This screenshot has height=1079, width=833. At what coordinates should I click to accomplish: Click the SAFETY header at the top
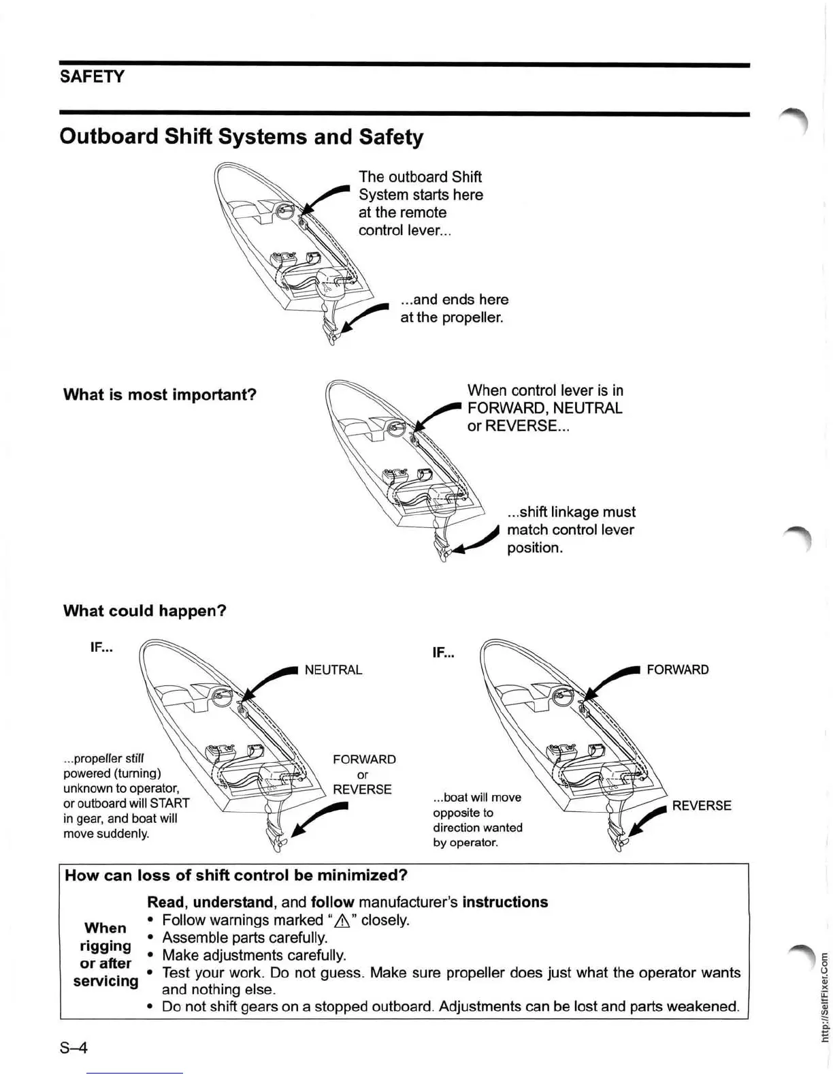[x=92, y=76]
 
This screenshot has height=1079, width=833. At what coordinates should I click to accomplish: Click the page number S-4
[x=74, y=1047]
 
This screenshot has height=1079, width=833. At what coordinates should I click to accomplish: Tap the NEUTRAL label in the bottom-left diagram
[x=333, y=670]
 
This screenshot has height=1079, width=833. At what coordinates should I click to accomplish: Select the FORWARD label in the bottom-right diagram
[x=677, y=670]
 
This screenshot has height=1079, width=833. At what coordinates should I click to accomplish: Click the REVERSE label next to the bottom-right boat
[x=702, y=806]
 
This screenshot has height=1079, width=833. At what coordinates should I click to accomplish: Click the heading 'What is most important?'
[x=160, y=395]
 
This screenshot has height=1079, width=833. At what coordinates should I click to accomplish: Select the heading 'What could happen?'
[x=144, y=611]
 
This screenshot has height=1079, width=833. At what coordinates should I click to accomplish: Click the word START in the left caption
[x=169, y=804]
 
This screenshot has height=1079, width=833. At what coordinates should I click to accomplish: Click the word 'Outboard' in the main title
[x=109, y=137]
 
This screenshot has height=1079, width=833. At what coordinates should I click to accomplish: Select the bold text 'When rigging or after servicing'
[x=105, y=954]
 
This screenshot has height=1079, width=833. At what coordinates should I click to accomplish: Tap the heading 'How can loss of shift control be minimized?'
[x=236, y=875]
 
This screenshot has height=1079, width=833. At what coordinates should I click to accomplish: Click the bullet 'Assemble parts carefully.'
[x=245, y=938]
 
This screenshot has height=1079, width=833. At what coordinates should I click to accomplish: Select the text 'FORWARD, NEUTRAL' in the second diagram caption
[x=544, y=409]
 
